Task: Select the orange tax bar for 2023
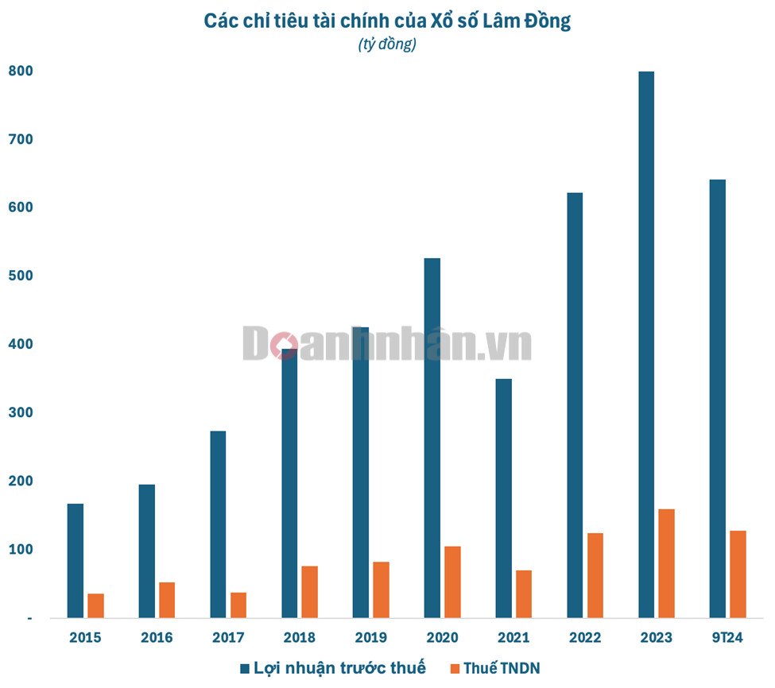pyautogui.click(x=666, y=563)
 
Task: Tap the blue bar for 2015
pyautogui.click(x=76, y=560)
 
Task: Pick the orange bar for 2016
pyautogui.click(x=167, y=600)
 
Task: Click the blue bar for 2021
pyautogui.click(x=503, y=498)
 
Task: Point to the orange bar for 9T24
pyautogui.click(x=738, y=574)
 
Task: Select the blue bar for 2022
pyautogui.click(x=575, y=405)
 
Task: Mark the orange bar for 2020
pyautogui.click(x=452, y=582)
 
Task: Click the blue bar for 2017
pyautogui.click(x=218, y=524)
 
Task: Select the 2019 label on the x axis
pyautogui.click(x=370, y=637)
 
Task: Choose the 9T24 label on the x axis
pyautogui.click(x=727, y=637)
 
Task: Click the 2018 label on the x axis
pyautogui.click(x=299, y=637)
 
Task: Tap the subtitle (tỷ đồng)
pyautogui.click(x=387, y=44)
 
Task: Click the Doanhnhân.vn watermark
pyautogui.click(x=387, y=345)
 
